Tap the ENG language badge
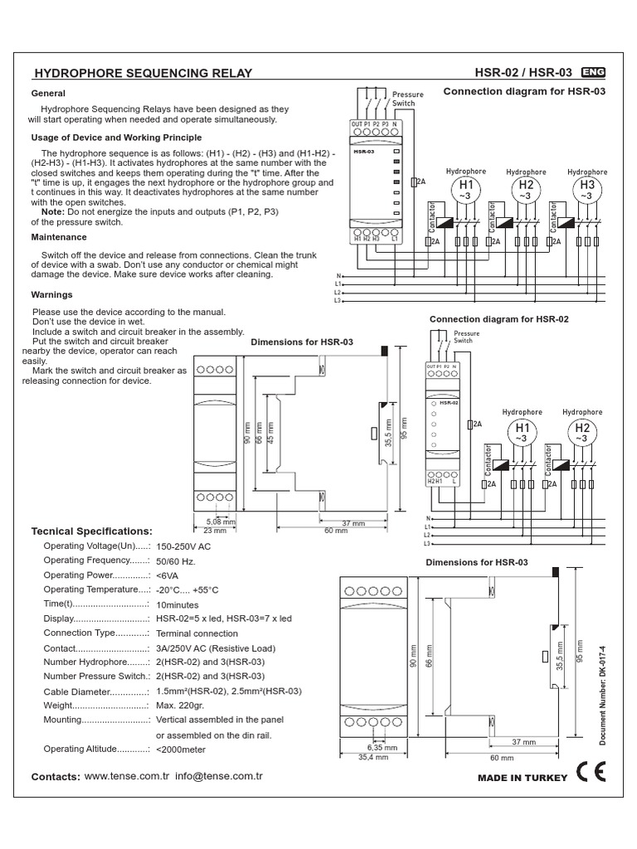pos(593,71)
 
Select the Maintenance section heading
pos(61,237)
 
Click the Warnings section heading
pos(51,294)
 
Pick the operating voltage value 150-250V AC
pos(183,546)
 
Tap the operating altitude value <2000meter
pos(181,750)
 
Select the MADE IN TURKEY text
pos(523,778)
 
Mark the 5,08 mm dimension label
pos(220,522)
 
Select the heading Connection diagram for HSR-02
pos(498,318)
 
